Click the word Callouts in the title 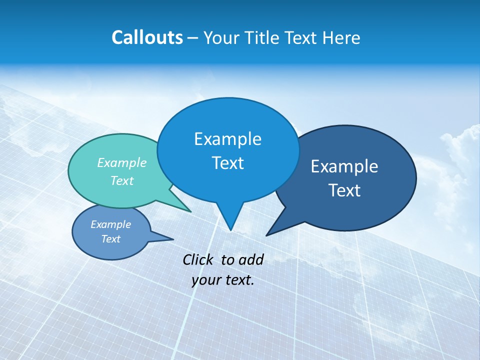pyautogui.click(x=147, y=38)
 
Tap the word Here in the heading pyautogui.click(x=341, y=38)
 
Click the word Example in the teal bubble pyautogui.click(x=121, y=163)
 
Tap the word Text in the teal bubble pyautogui.click(x=121, y=180)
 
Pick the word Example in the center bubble pyautogui.click(x=227, y=139)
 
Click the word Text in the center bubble pyautogui.click(x=227, y=163)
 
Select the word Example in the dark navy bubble pyautogui.click(x=344, y=166)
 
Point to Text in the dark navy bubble pyautogui.click(x=344, y=190)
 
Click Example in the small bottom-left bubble pyautogui.click(x=110, y=224)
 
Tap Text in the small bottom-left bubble pyautogui.click(x=110, y=239)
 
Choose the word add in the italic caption pyautogui.click(x=250, y=259)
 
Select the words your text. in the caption pyautogui.click(x=222, y=280)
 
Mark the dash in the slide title pyautogui.click(x=193, y=38)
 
